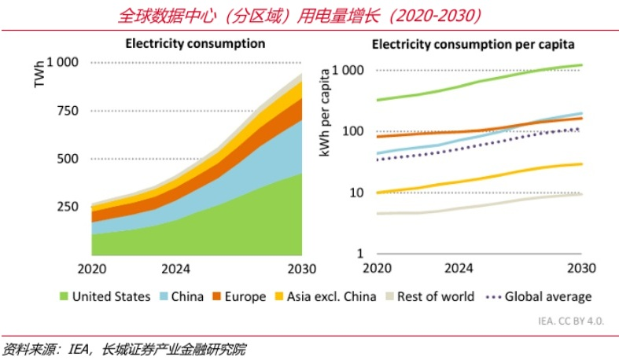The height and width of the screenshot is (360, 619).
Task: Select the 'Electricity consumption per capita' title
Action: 473,43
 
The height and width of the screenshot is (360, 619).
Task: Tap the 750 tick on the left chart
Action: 68,111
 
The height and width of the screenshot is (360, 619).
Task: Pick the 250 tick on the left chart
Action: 68,207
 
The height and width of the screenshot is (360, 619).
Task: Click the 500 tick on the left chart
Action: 68,159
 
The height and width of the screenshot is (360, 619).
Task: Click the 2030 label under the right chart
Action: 580,270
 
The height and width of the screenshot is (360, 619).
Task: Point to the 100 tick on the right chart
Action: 352,131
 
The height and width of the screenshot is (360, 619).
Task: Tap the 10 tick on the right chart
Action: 356,193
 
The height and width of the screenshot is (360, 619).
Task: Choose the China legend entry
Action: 181,297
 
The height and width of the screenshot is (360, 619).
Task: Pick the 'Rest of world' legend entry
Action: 429,297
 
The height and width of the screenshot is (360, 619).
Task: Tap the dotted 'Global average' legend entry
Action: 540,297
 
